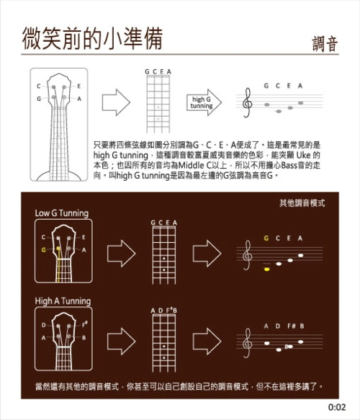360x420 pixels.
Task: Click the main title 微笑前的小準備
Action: (92, 38)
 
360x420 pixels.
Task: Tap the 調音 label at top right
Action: (325, 44)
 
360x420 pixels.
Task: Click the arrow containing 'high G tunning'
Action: (204, 102)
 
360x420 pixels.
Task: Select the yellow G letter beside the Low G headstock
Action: (44, 250)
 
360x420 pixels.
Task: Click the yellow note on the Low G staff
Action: (266, 269)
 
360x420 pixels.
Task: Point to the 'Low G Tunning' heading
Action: (62, 213)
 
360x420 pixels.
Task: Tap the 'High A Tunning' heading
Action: (63, 301)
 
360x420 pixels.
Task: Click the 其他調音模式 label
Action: (302, 203)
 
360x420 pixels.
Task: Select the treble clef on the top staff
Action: (247, 103)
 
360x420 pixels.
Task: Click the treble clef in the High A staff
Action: (247, 343)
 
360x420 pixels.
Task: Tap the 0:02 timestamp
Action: (337, 408)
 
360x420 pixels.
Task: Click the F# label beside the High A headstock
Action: (84, 325)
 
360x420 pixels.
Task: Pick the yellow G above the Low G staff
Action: (266, 238)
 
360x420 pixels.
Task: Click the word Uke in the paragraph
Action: (304, 155)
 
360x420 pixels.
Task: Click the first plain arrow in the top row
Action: (116, 102)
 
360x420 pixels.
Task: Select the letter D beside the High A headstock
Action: (44, 325)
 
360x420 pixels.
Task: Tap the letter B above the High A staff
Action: (302, 326)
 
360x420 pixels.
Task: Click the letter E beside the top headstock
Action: (79, 86)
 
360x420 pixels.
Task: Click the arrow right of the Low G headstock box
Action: (122, 254)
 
